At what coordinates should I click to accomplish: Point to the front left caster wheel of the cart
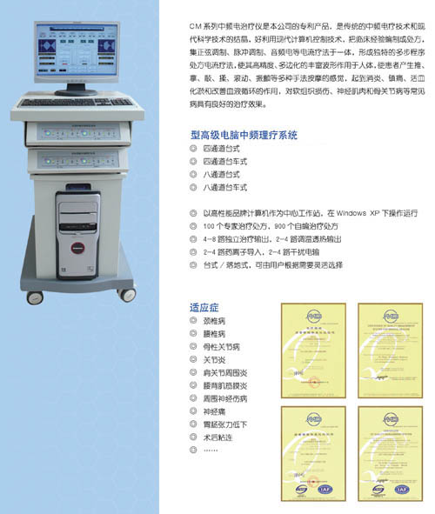point(35,297)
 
